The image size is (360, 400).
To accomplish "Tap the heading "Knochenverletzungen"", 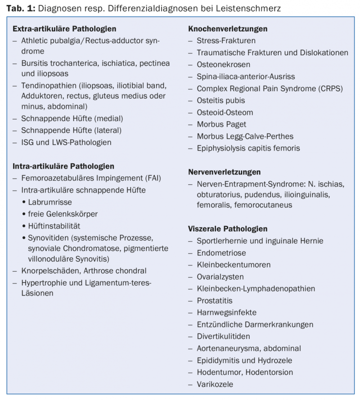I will point(228,29).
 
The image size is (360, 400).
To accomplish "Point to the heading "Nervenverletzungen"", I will point(225,172).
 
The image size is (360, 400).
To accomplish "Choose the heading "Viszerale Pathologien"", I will point(228,229).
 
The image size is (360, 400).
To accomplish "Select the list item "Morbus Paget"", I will point(221,124).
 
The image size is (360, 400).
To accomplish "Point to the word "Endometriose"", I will point(221,253).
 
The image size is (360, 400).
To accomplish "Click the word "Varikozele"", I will point(215,384).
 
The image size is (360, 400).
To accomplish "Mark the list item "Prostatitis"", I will point(215,300).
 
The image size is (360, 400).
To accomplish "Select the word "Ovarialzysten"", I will point(220,277).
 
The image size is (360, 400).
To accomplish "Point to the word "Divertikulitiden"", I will point(224,336).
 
